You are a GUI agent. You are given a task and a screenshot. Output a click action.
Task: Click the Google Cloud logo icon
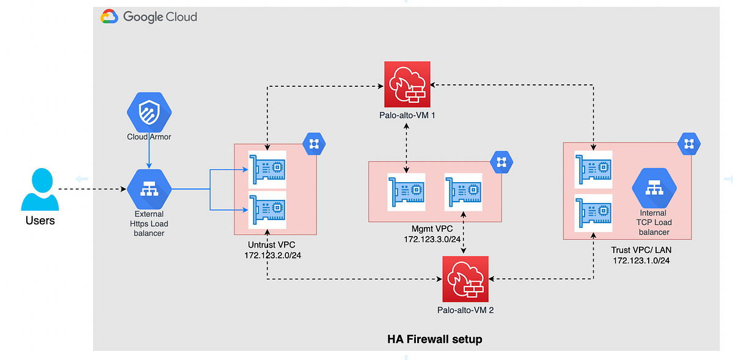pyautogui.click(x=109, y=17)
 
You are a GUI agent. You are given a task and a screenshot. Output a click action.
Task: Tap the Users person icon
pyautogui.click(x=40, y=190)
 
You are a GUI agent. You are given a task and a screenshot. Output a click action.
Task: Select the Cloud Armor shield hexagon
pyautogui.click(x=149, y=112)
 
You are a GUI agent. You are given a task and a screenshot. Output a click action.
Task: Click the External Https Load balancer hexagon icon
pyautogui.click(x=149, y=189)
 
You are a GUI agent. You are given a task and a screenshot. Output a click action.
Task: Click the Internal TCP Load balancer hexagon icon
pyautogui.click(x=654, y=189)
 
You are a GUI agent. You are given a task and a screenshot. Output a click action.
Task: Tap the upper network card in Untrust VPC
pyautogui.click(x=267, y=169)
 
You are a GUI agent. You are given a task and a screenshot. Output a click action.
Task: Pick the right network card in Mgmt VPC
pyautogui.click(x=464, y=192)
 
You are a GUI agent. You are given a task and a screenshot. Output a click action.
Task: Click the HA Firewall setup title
pyautogui.click(x=434, y=339)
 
